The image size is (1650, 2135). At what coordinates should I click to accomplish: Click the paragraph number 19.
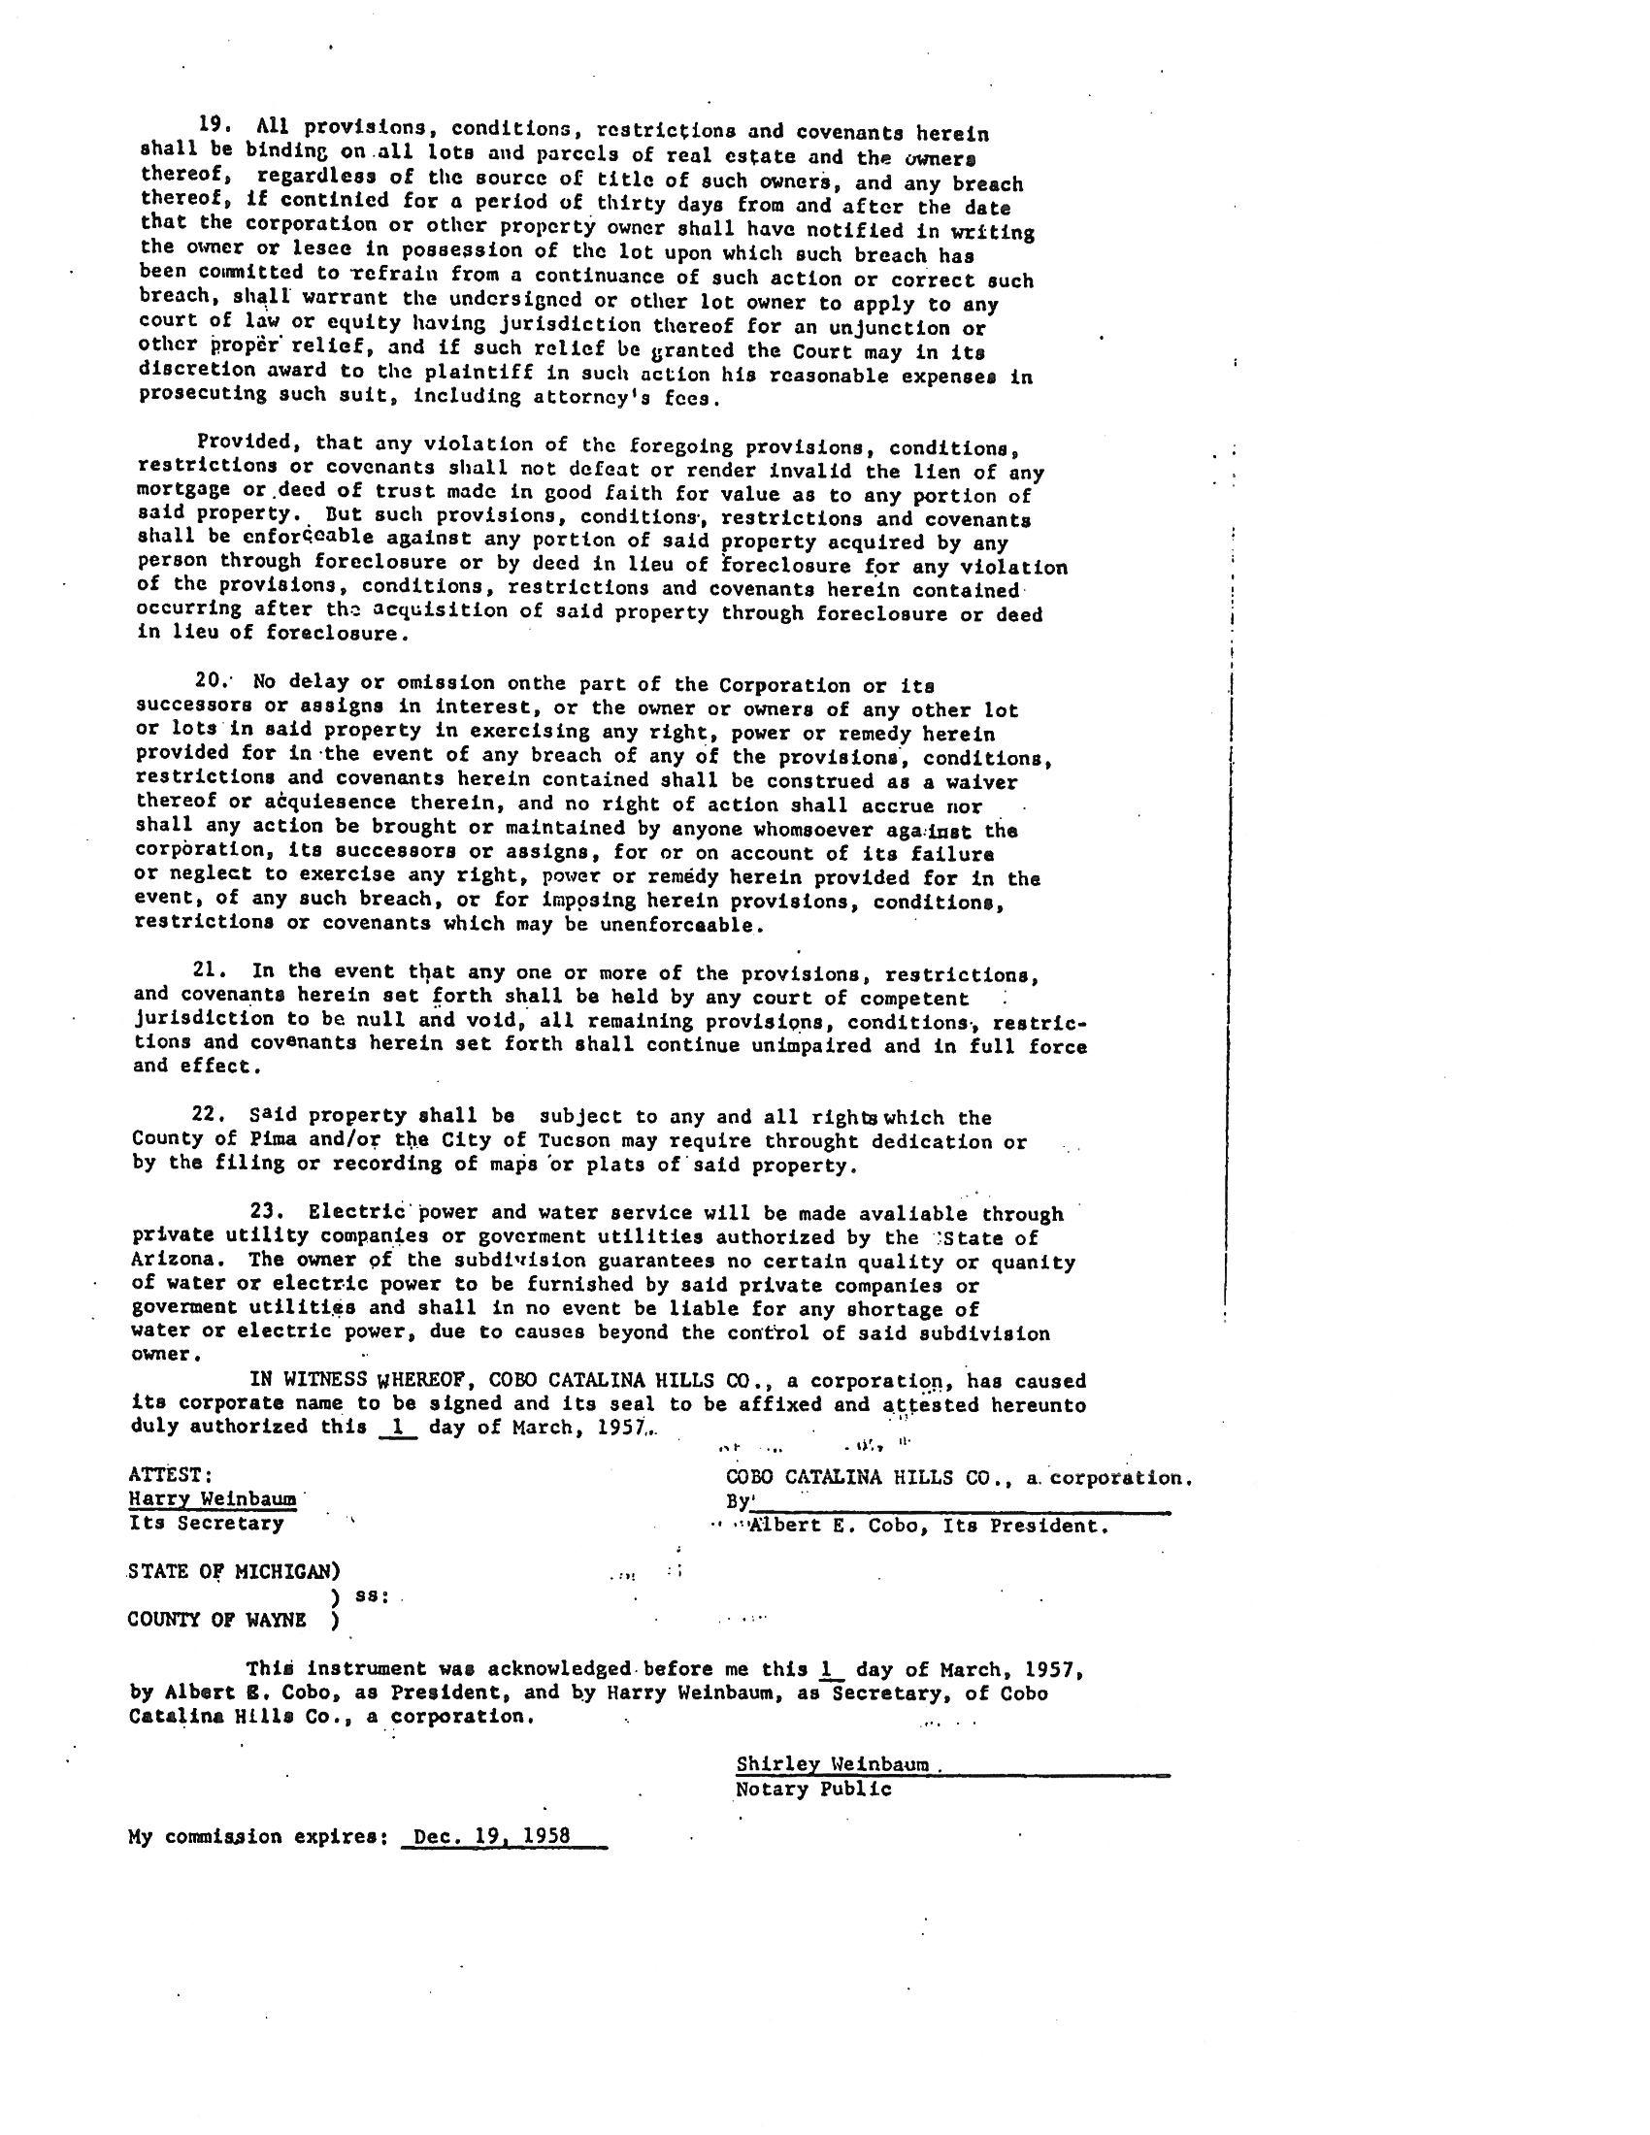tap(213, 125)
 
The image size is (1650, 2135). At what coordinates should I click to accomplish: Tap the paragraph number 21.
tap(211, 970)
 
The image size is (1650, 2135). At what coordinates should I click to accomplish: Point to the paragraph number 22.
tap(211, 1114)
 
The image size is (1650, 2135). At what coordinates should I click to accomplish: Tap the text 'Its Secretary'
tap(206, 1523)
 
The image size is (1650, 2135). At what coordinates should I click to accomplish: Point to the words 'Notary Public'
tap(813, 1790)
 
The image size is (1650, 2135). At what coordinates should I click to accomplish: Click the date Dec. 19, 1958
tap(492, 1836)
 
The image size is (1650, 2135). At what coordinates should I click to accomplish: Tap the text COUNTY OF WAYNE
tap(217, 1620)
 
